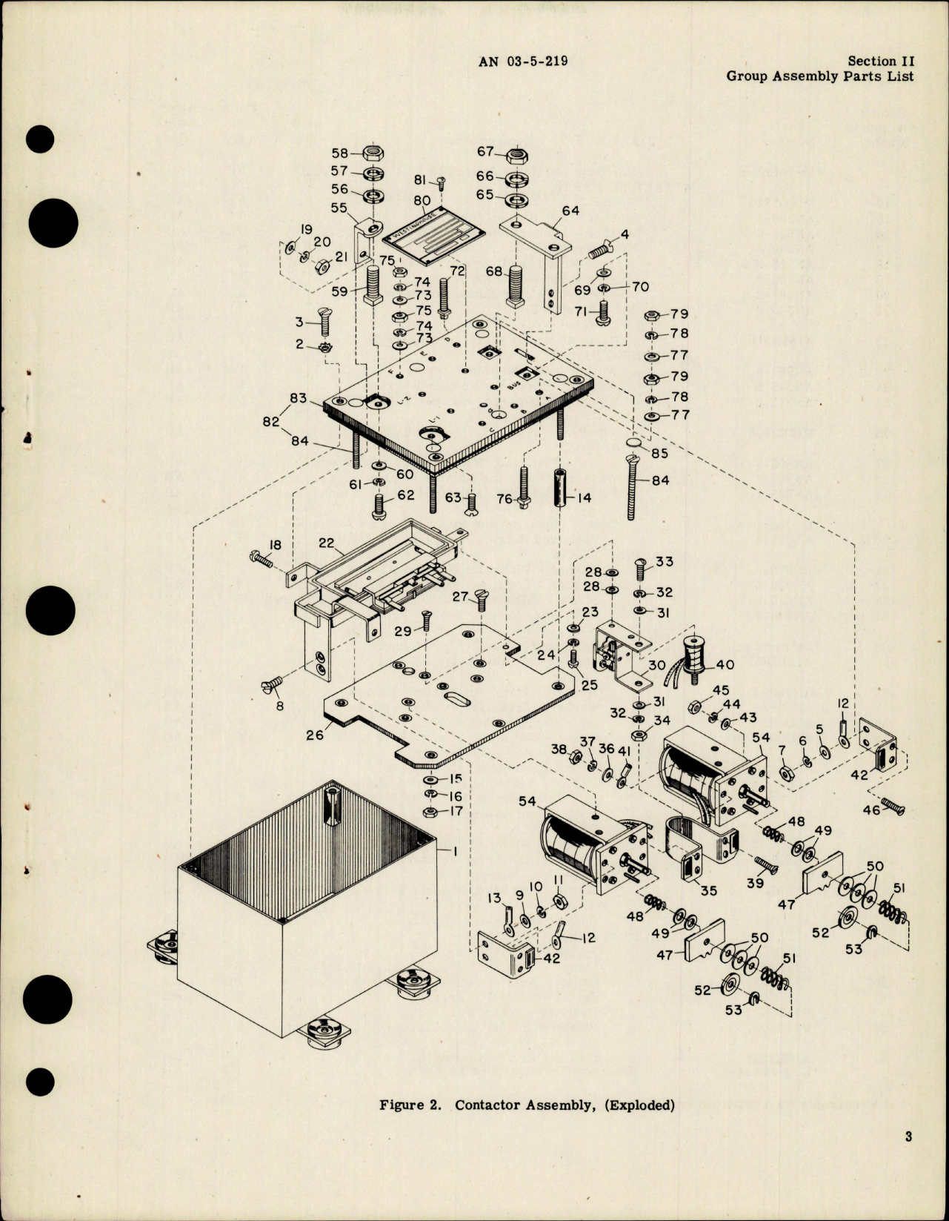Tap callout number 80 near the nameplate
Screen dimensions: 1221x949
422,201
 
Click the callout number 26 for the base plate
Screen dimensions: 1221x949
315,735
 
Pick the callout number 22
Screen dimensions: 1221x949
327,543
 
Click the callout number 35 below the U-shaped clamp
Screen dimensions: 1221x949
708,890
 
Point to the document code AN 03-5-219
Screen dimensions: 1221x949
523,61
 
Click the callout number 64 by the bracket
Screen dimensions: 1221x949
570,211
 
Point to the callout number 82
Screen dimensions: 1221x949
271,421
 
